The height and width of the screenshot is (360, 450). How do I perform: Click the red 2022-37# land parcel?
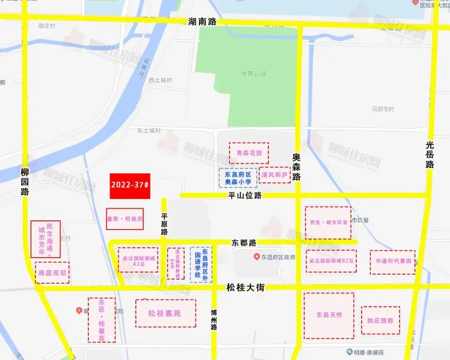[130, 186]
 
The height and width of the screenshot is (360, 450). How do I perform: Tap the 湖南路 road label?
[200, 22]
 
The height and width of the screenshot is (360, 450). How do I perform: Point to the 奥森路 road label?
[296, 167]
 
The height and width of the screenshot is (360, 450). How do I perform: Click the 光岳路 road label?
[430, 154]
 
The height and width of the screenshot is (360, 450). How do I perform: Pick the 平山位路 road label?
[245, 195]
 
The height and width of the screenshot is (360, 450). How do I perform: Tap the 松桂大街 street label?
[245, 287]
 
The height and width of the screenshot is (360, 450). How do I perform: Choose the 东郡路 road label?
[244, 242]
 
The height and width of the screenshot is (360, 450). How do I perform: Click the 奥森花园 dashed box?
[249, 153]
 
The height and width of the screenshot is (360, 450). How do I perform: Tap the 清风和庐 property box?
[275, 175]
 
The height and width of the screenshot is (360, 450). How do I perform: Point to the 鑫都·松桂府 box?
[125, 219]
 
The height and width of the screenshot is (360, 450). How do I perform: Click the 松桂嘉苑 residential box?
[165, 313]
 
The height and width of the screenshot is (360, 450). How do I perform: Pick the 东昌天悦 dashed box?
[329, 315]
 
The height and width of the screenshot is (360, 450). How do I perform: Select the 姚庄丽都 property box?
[380, 320]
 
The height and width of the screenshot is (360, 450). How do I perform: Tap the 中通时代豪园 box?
[392, 262]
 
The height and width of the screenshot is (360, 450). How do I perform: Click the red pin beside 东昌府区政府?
[257, 257]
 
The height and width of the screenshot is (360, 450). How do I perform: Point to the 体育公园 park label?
[253, 73]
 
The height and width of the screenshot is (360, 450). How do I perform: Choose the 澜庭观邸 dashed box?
[52, 273]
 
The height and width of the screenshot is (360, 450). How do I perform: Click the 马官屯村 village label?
[383, 109]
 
